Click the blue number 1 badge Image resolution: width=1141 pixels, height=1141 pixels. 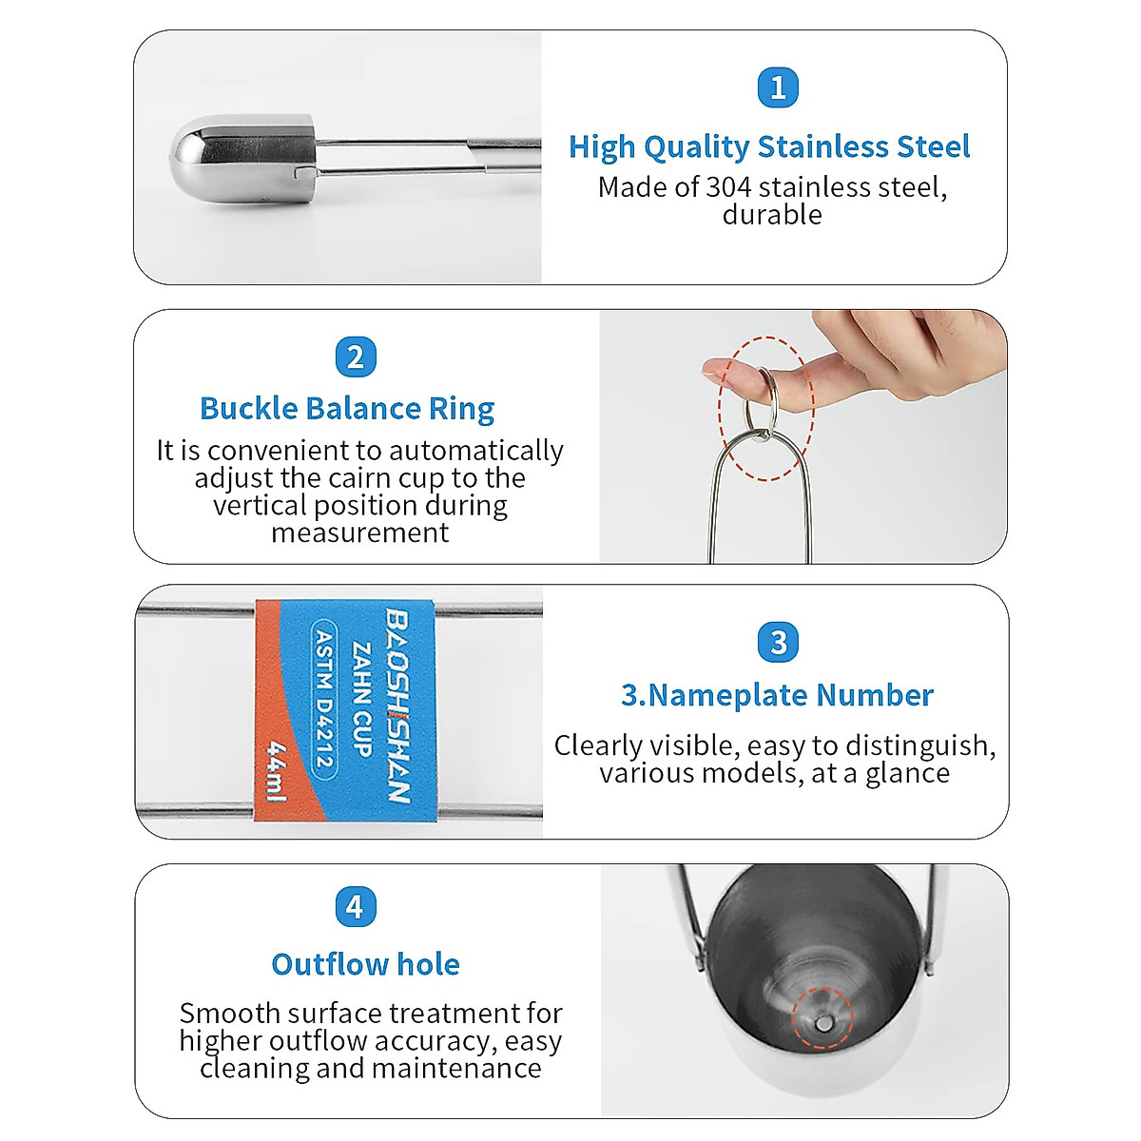pos(778,88)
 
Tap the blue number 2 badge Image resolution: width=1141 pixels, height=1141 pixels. pos(356,358)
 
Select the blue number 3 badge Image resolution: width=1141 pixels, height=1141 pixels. pos(778,643)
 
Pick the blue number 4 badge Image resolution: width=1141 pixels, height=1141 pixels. pos(355,906)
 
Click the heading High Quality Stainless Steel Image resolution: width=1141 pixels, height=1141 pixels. pos(768,147)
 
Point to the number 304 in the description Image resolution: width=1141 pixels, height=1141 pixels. pos(728,187)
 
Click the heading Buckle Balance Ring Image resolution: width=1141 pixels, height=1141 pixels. pos(347,409)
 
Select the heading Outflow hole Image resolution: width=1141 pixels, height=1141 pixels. pos(365,964)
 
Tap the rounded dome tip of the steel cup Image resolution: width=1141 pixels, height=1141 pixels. pos(190,156)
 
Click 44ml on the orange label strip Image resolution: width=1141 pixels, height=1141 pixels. pos(277,771)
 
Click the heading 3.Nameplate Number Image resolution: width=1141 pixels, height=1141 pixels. pos(777,695)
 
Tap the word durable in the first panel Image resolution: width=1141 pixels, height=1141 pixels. pos(772,215)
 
